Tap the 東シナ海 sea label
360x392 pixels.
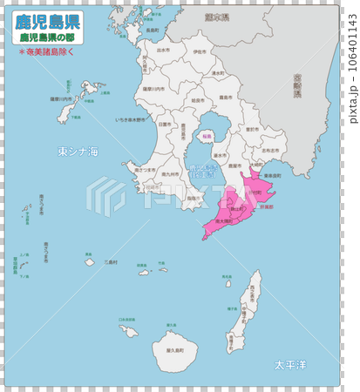click(x=78, y=152)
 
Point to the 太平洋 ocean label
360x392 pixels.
click(x=291, y=363)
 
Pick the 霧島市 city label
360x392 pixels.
click(x=224, y=98)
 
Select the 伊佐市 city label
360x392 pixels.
click(x=200, y=52)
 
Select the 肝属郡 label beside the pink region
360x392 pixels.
click(x=268, y=207)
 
